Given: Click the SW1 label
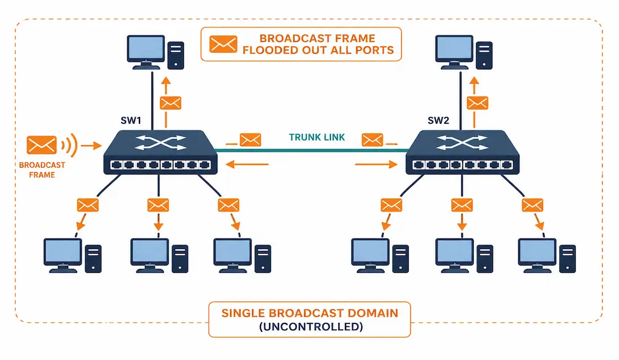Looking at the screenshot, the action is click(x=131, y=120).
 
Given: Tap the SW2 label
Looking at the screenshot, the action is click(x=438, y=120).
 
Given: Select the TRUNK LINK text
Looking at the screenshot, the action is click(x=317, y=137).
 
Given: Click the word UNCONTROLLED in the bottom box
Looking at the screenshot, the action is click(x=311, y=326).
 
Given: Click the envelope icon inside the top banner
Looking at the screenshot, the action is click(x=223, y=44).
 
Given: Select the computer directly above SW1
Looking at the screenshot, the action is click(x=155, y=52).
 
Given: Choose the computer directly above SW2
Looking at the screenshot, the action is click(x=464, y=52).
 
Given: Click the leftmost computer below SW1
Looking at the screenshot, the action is click(x=73, y=255).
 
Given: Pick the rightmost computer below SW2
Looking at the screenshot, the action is click(x=547, y=255).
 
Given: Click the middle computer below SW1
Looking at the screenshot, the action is click(x=159, y=255).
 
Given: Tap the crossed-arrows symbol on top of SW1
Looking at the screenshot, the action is click(x=160, y=142).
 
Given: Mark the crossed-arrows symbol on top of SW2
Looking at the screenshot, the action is click(x=462, y=142).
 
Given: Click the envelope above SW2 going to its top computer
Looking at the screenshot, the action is click(x=477, y=103).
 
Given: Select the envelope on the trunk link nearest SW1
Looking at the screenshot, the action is click(x=250, y=139).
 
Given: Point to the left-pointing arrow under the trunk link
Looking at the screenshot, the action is click(x=247, y=164).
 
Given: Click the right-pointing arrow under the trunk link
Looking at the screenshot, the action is click(x=376, y=164).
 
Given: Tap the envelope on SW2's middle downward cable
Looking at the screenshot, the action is click(x=462, y=205).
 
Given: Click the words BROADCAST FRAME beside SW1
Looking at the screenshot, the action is click(x=42, y=170).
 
